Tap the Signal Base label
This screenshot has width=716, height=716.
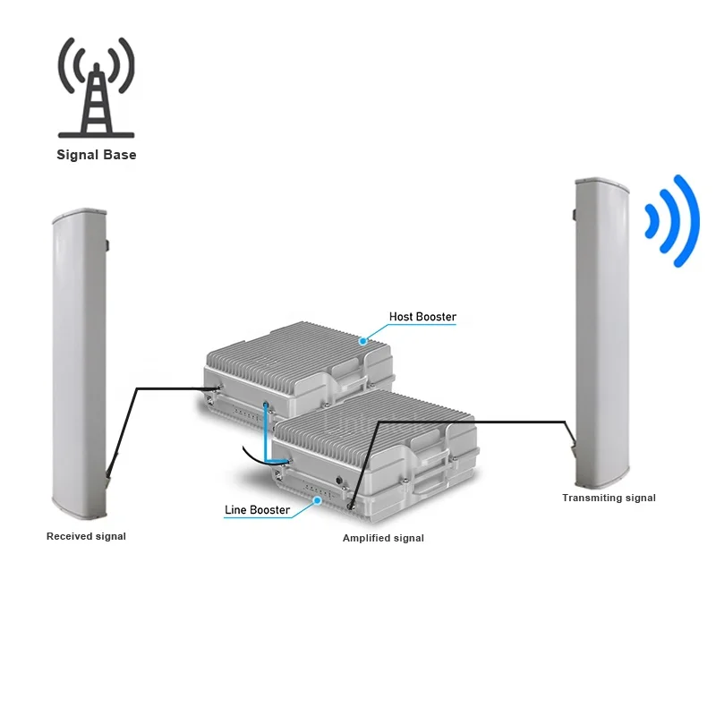(97, 155)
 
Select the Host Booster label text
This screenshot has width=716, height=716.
(422, 317)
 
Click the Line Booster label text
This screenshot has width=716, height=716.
(257, 510)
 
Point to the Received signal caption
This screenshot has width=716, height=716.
(86, 536)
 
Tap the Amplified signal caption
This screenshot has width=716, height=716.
(383, 538)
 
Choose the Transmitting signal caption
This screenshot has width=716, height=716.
(609, 498)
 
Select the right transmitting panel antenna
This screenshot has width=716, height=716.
(602, 331)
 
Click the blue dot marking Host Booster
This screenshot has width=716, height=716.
(363, 341)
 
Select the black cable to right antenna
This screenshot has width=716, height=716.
(465, 421)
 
